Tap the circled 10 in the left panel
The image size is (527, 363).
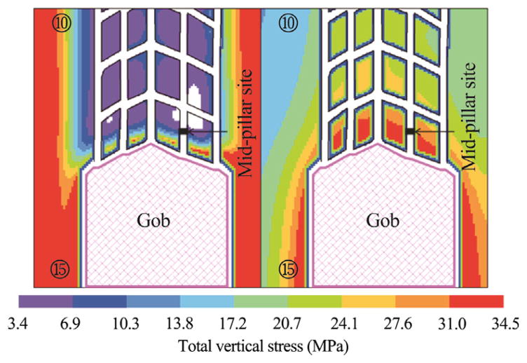(x=60, y=23)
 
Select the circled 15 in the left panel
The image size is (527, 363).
(x=60, y=268)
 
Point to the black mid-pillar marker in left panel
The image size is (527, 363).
(x=184, y=131)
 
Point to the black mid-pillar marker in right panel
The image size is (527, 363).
(x=411, y=131)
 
